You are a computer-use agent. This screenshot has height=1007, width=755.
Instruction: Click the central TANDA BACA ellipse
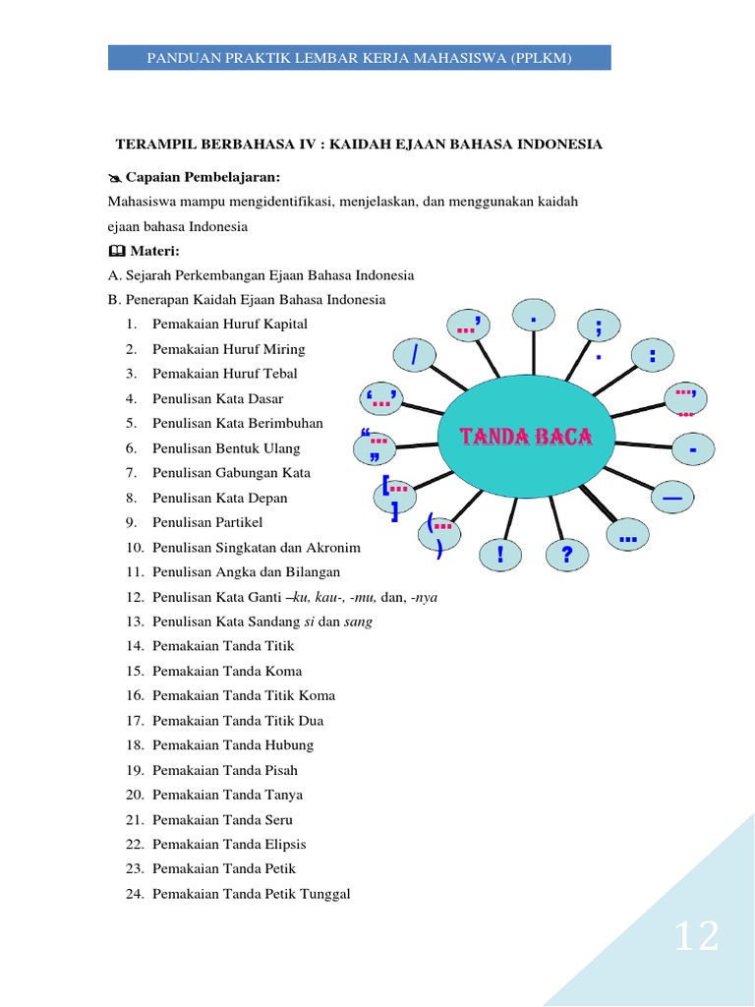point(526,437)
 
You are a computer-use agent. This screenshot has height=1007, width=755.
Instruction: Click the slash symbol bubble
point(415,356)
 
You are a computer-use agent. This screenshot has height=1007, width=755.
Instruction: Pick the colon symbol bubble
point(652,356)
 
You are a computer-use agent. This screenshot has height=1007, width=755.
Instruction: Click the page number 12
point(696,937)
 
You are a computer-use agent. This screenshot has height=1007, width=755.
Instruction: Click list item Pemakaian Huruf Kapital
point(229,324)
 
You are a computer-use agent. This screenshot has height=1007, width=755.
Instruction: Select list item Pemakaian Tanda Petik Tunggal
point(251,894)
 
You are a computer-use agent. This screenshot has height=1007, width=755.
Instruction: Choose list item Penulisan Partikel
point(207,522)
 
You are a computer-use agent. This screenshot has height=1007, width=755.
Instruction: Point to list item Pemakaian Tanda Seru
point(222,819)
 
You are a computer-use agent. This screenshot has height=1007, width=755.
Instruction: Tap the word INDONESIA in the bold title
point(553,145)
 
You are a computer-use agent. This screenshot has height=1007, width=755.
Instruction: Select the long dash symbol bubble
point(672,500)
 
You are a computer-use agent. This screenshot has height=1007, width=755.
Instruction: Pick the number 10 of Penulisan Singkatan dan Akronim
point(135,547)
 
